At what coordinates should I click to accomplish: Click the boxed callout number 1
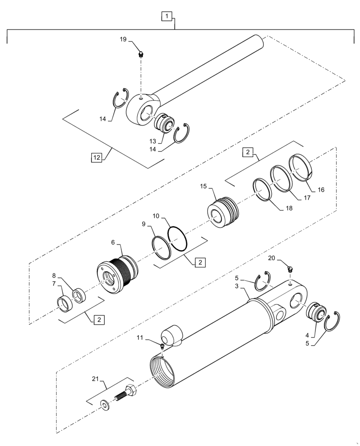166,17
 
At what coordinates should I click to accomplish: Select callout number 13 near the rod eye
153,141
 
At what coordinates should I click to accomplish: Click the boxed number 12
97,157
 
